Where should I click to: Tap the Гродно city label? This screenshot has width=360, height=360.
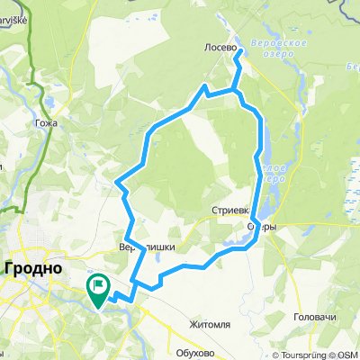point(33,268)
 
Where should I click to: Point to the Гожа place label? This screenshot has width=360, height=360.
point(48,122)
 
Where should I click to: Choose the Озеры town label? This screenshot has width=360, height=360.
point(261,227)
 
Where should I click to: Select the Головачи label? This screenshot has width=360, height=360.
point(314,319)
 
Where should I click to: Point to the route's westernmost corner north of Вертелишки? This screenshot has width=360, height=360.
point(118,183)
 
